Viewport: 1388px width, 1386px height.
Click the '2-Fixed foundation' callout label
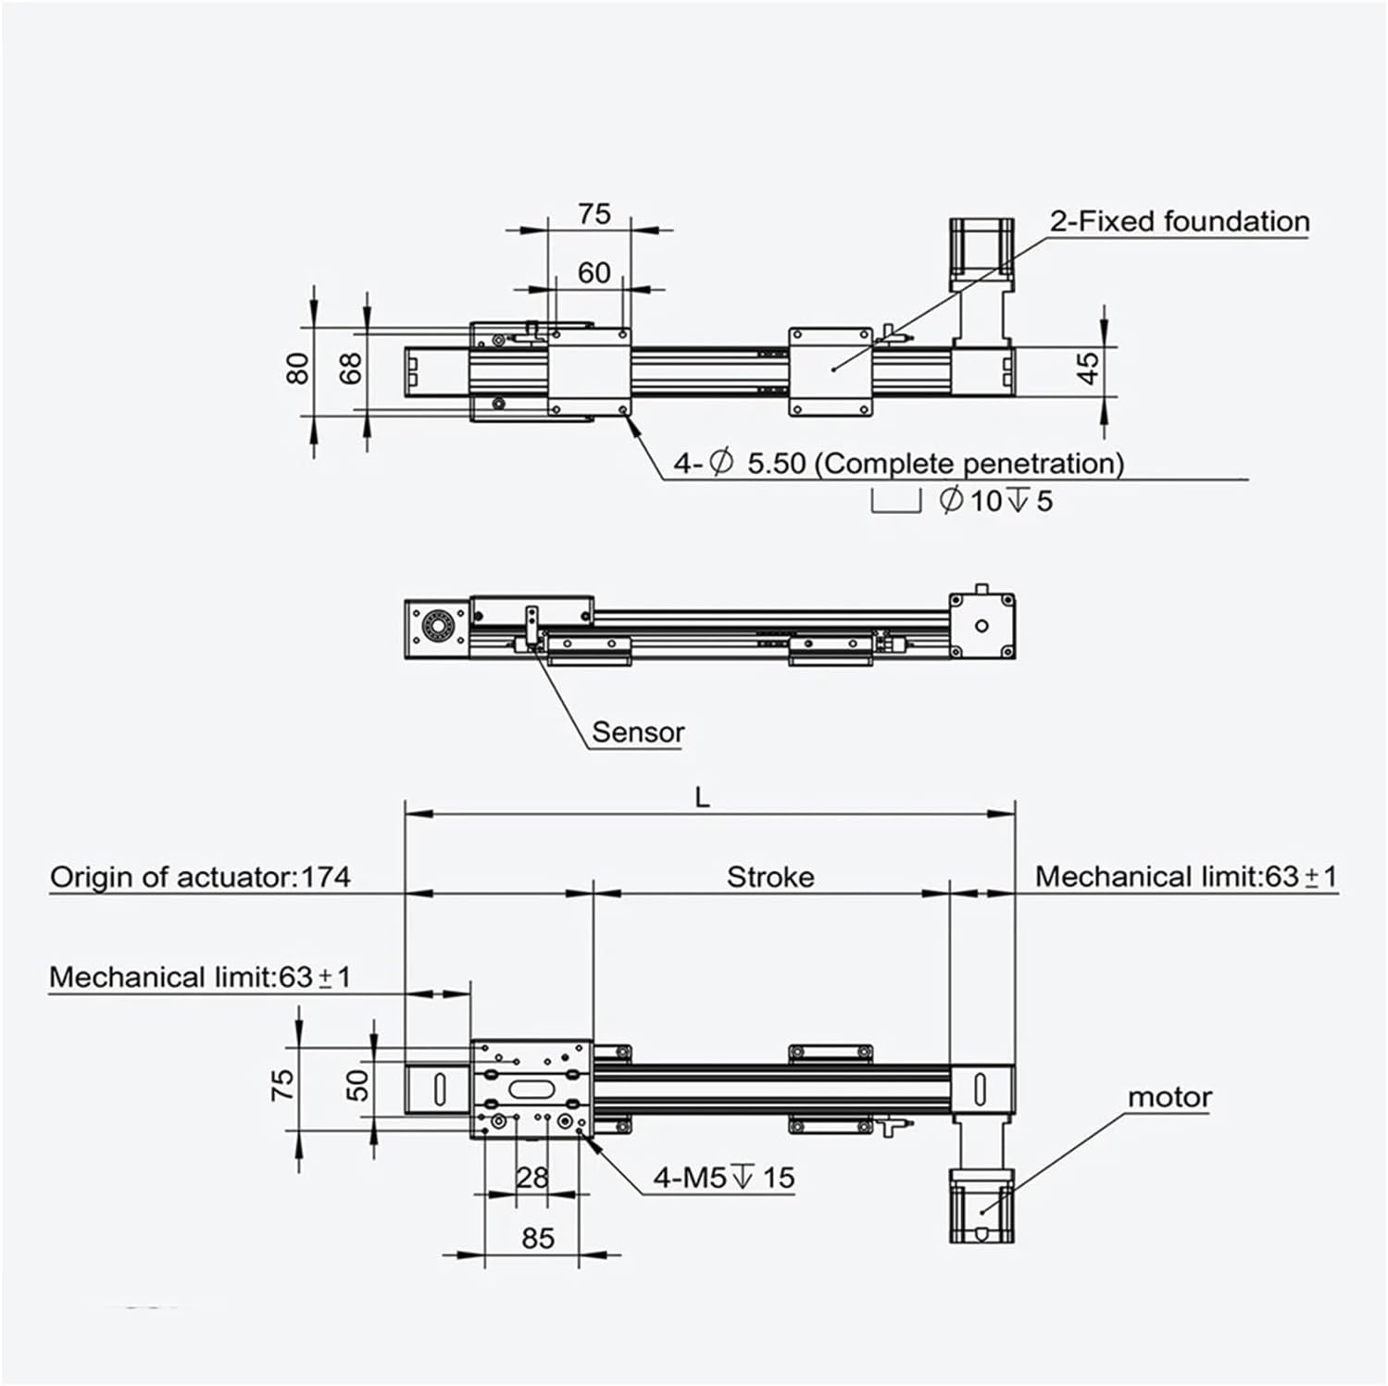(x=1179, y=222)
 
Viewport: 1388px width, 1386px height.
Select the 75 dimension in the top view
(x=594, y=214)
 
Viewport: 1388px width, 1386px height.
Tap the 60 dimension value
(x=594, y=272)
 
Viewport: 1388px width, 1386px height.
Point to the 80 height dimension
(x=297, y=368)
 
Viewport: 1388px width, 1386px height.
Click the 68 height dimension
(x=351, y=368)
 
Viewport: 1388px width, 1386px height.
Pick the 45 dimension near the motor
(x=1090, y=368)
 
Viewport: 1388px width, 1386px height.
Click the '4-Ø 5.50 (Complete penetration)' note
(x=898, y=463)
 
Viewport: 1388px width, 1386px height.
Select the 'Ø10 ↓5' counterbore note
(x=996, y=501)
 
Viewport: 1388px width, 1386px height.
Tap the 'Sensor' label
(x=638, y=732)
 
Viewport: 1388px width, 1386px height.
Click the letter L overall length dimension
(x=703, y=797)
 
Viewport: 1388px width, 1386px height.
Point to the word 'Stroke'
(x=770, y=877)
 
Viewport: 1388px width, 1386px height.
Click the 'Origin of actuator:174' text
(x=200, y=877)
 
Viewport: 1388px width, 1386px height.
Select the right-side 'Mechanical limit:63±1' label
(x=1186, y=877)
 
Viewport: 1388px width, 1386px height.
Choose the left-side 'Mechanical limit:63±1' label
(x=200, y=977)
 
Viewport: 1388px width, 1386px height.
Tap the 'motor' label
(x=1169, y=1097)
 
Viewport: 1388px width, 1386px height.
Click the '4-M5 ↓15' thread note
(x=724, y=1178)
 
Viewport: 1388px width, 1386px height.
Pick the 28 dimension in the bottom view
(x=532, y=1178)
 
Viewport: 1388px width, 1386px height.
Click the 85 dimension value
(x=538, y=1238)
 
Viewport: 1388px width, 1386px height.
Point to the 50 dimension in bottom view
(x=357, y=1084)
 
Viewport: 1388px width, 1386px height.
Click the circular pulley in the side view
(x=435, y=627)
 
